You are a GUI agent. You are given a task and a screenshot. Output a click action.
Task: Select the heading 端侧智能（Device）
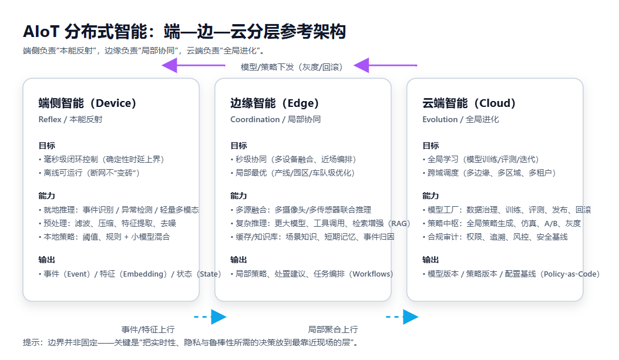coord(88,103)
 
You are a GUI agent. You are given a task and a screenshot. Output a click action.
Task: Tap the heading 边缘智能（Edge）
coord(275,103)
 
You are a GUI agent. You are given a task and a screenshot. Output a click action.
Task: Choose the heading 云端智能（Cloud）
coord(469,103)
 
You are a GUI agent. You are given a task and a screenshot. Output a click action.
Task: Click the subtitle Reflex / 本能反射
coord(70,119)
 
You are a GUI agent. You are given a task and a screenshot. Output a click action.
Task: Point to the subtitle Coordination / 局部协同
coord(275,119)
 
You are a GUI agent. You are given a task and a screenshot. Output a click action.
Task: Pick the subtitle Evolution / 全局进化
coord(460,119)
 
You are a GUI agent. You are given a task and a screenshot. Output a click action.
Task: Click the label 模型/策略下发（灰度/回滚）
coord(292,66)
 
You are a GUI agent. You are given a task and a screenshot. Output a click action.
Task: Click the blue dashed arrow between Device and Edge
coord(210,317)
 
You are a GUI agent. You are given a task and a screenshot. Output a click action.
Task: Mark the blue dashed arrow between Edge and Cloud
coord(402,317)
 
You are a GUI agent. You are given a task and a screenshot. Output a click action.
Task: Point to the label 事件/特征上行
coord(148,329)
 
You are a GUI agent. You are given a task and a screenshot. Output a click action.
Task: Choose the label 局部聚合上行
coord(333,329)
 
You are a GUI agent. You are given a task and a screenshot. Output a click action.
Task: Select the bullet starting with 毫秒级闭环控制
coord(101,159)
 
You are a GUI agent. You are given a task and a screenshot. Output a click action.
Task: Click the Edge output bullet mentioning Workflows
coord(312,274)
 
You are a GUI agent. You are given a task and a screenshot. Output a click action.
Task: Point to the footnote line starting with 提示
coord(191,342)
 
